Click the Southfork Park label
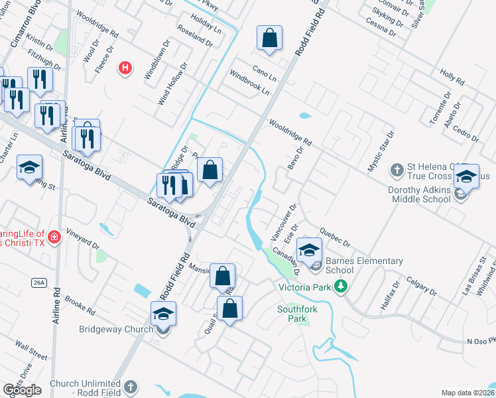tap(292, 314)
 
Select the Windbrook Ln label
tap(250, 82)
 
